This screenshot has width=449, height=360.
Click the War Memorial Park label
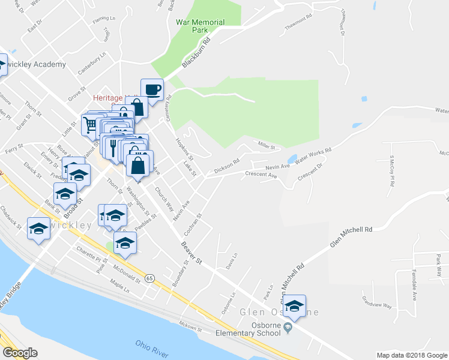200,26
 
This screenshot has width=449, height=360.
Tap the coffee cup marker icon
152,90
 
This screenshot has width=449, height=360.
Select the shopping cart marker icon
91,125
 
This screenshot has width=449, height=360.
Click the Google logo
20,353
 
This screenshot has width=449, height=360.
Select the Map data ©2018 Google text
411,355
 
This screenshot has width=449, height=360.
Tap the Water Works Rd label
312,158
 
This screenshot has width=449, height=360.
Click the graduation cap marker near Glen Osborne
294,307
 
